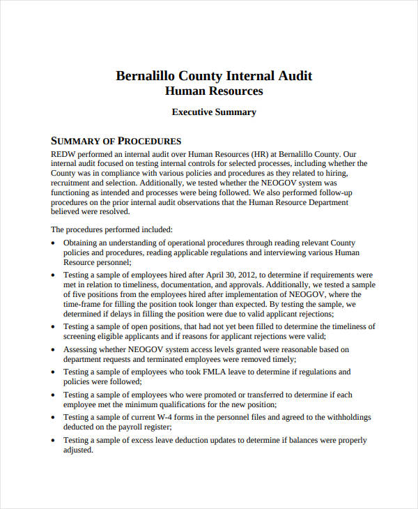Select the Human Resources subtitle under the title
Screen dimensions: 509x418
tap(214, 91)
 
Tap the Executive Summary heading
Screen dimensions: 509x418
tap(214, 112)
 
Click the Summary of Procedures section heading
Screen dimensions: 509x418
tap(116, 140)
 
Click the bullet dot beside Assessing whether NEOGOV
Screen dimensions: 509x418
tap(54, 350)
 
